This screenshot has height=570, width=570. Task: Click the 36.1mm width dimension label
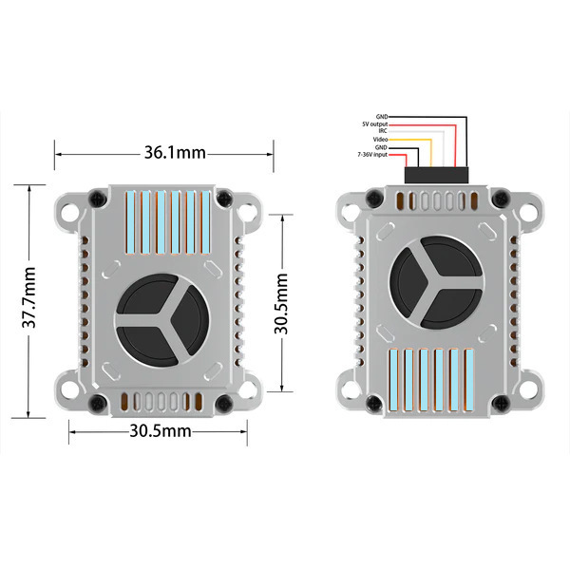pyautogui.click(x=175, y=152)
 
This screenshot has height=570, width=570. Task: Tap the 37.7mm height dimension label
pyautogui.click(x=29, y=297)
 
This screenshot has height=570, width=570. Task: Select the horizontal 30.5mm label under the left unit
pyautogui.click(x=161, y=430)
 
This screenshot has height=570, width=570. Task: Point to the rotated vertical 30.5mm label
pyautogui.click(x=281, y=304)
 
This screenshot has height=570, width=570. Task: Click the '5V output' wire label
pyautogui.click(x=375, y=124)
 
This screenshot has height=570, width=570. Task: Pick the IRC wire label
pyautogui.click(x=383, y=131)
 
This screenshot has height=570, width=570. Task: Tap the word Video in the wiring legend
pyautogui.click(x=380, y=140)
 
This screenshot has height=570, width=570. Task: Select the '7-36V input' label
pyautogui.click(x=372, y=155)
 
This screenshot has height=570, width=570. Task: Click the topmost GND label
pyautogui.click(x=382, y=117)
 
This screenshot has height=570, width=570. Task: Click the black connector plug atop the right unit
pyautogui.click(x=436, y=175)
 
